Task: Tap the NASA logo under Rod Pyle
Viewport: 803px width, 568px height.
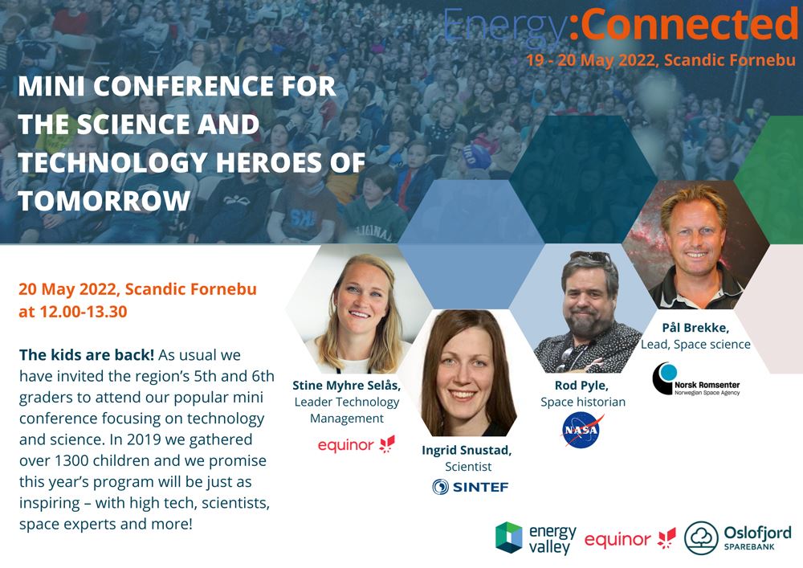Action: coord(582,431)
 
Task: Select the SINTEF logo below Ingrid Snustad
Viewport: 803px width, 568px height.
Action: coord(470,487)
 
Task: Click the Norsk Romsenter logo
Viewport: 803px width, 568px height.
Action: coord(696,380)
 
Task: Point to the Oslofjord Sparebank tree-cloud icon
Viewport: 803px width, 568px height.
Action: coord(700,538)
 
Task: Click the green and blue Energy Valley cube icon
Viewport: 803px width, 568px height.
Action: coord(508,537)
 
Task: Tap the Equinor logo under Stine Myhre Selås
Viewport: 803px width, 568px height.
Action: coord(357,444)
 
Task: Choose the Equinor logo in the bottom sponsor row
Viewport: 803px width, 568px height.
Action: coord(630,539)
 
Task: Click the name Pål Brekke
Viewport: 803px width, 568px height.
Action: coord(695,328)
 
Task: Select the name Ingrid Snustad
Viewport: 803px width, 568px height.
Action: coord(467,450)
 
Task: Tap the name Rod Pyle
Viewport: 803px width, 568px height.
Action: coord(581,385)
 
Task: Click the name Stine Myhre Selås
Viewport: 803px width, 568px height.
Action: coord(347,385)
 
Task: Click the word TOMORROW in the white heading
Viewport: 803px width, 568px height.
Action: coord(104,200)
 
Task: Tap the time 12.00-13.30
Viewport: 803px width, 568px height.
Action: coord(84,312)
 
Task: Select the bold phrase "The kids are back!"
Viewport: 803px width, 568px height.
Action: coord(87,354)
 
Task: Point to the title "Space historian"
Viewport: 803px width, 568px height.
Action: coord(583,402)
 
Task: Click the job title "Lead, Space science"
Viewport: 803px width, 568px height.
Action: coord(695,345)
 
